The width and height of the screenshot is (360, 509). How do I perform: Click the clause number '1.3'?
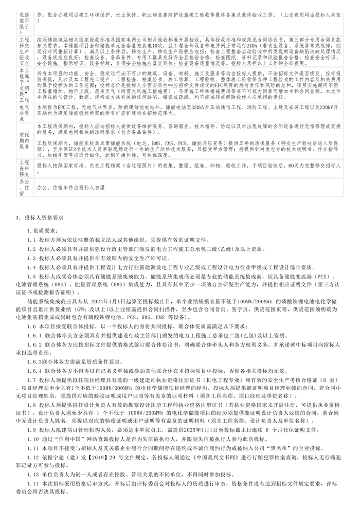click(32, 258)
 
